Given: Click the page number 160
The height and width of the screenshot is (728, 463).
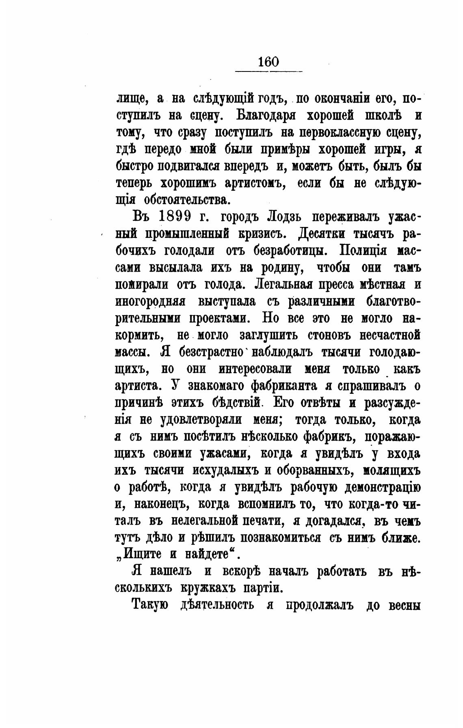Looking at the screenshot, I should pyautogui.click(x=268, y=62).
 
